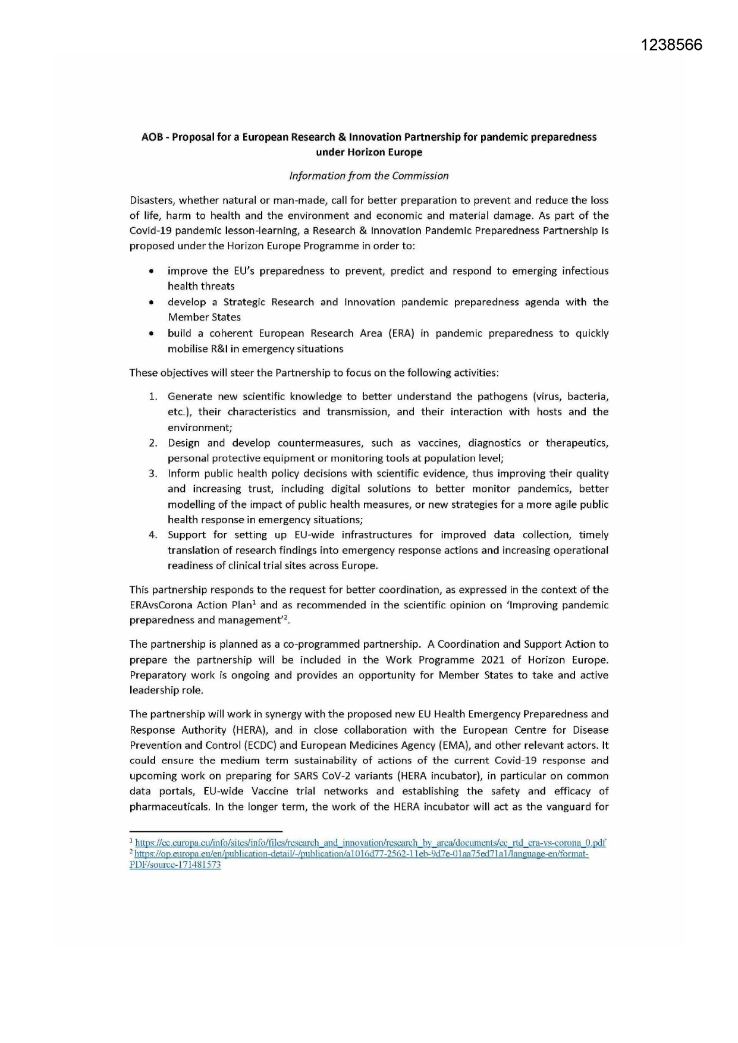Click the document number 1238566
(x=671, y=45)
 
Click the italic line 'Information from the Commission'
(x=369, y=175)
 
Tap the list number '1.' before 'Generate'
(x=153, y=397)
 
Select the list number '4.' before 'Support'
(x=153, y=535)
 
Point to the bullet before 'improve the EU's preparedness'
(x=153, y=271)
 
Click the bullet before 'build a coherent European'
(x=153, y=334)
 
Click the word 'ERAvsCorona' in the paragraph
(x=157, y=605)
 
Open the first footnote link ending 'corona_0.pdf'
(x=370, y=843)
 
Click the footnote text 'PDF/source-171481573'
(x=175, y=865)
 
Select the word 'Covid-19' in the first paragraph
(x=150, y=231)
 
